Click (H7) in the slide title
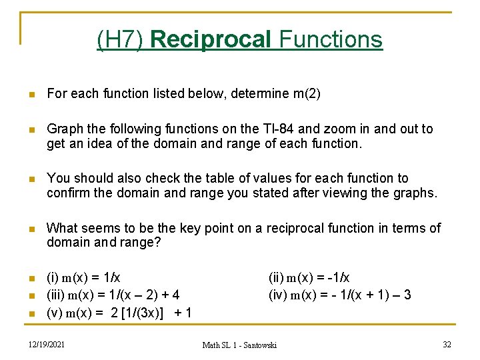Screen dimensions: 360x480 (x=121, y=40)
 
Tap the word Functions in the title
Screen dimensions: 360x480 (x=331, y=40)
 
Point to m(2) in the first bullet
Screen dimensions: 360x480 (x=307, y=94)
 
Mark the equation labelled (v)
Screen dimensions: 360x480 (x=119, y=312)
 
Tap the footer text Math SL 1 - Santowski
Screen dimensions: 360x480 (x=240, y=345)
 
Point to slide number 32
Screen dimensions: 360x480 (x=447, y=344)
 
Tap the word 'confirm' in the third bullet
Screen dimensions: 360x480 (x=69, y=193)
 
